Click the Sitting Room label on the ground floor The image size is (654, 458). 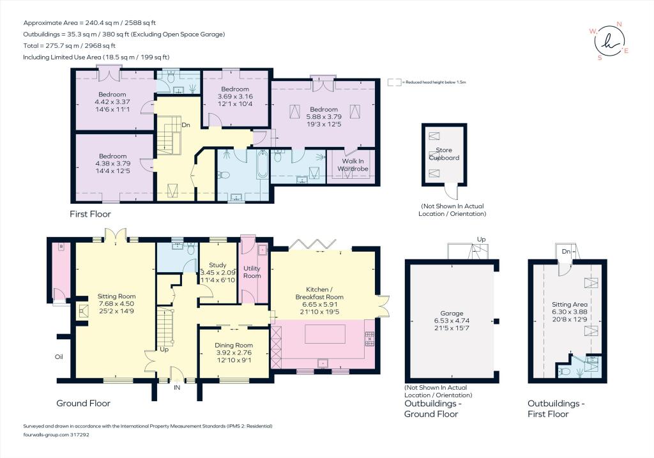coord(116,296)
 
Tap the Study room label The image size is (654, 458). coord(217,265)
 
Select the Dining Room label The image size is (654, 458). coord(234,345)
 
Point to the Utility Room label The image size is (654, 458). coord(252,272)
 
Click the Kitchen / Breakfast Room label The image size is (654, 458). coord(319,293)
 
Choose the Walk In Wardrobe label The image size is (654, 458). coord(353,165)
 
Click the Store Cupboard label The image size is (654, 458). coord(445,153)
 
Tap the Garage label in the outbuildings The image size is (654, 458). coord(452,313)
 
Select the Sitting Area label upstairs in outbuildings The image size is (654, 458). coord(569,305)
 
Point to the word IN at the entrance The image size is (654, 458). coord(177,388)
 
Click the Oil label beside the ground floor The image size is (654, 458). coord(59,356)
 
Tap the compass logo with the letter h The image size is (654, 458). coord(609,40)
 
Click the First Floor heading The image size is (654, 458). coord(90,214)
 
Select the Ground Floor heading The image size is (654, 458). coord(84,403)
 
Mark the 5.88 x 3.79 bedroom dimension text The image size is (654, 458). coord(324,117)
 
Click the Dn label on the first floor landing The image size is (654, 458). coord(186,125)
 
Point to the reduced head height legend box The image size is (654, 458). coord(394,82)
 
